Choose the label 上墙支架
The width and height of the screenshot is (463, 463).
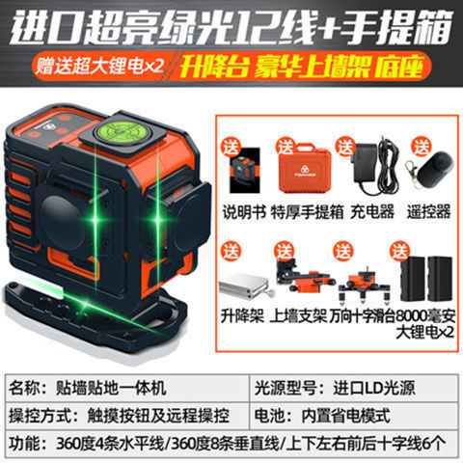coord(298,314)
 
